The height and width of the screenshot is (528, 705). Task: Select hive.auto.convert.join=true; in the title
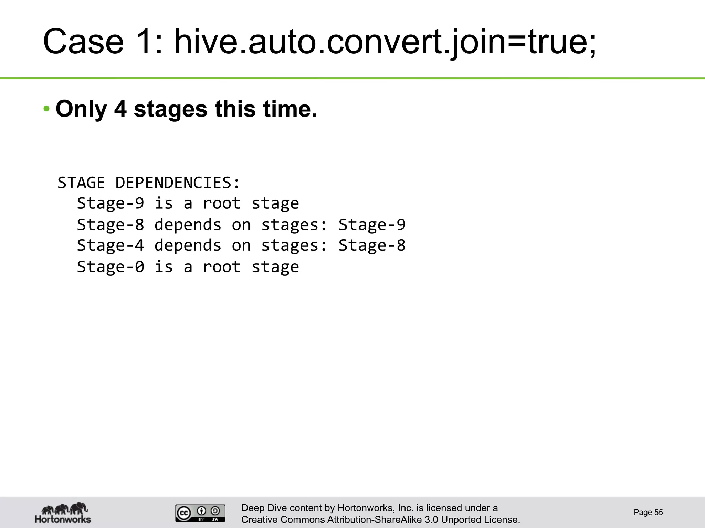tap(385, 42)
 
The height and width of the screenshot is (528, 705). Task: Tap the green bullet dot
tap(46, 109)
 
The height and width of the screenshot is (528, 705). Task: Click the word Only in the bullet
tap(81, 109)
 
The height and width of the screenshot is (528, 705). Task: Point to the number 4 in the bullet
tap(120, 109)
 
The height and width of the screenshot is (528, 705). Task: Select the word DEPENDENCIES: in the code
tap(177, 183)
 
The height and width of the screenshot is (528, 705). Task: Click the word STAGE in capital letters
tap(81, 183)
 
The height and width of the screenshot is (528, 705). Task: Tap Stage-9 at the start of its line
tap(110, 203)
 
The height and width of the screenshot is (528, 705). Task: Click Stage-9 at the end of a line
tap(372, 224)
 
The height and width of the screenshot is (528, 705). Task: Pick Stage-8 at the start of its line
tap(110, 224)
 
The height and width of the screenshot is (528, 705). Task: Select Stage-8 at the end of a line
tap(372, 245)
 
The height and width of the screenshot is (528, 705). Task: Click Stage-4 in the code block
tap(110, 245)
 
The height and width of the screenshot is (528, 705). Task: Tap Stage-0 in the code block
tap(110, 267)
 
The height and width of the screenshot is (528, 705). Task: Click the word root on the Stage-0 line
tap(222, 267)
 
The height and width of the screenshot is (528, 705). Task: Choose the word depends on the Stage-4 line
tap(188, 245)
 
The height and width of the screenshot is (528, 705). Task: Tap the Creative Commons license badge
tap(200, 513)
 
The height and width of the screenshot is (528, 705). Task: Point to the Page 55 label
tap(648, 513)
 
